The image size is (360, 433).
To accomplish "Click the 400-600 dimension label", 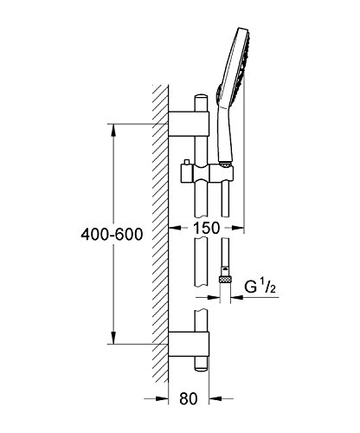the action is (112, 234).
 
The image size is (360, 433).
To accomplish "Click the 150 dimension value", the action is (206, 228).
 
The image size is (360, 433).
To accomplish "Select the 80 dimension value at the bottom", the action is (189, 398).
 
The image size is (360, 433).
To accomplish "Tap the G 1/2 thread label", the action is (260, 287).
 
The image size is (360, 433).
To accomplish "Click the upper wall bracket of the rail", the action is (189, 123).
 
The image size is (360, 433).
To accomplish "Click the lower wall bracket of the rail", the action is (189, 344).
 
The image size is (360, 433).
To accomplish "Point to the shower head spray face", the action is (243, 63).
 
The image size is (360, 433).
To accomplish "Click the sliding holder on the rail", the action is (207, 173).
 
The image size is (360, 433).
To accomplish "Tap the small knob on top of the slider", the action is (186, 162).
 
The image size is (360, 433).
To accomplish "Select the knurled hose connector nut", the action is (226, 279).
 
